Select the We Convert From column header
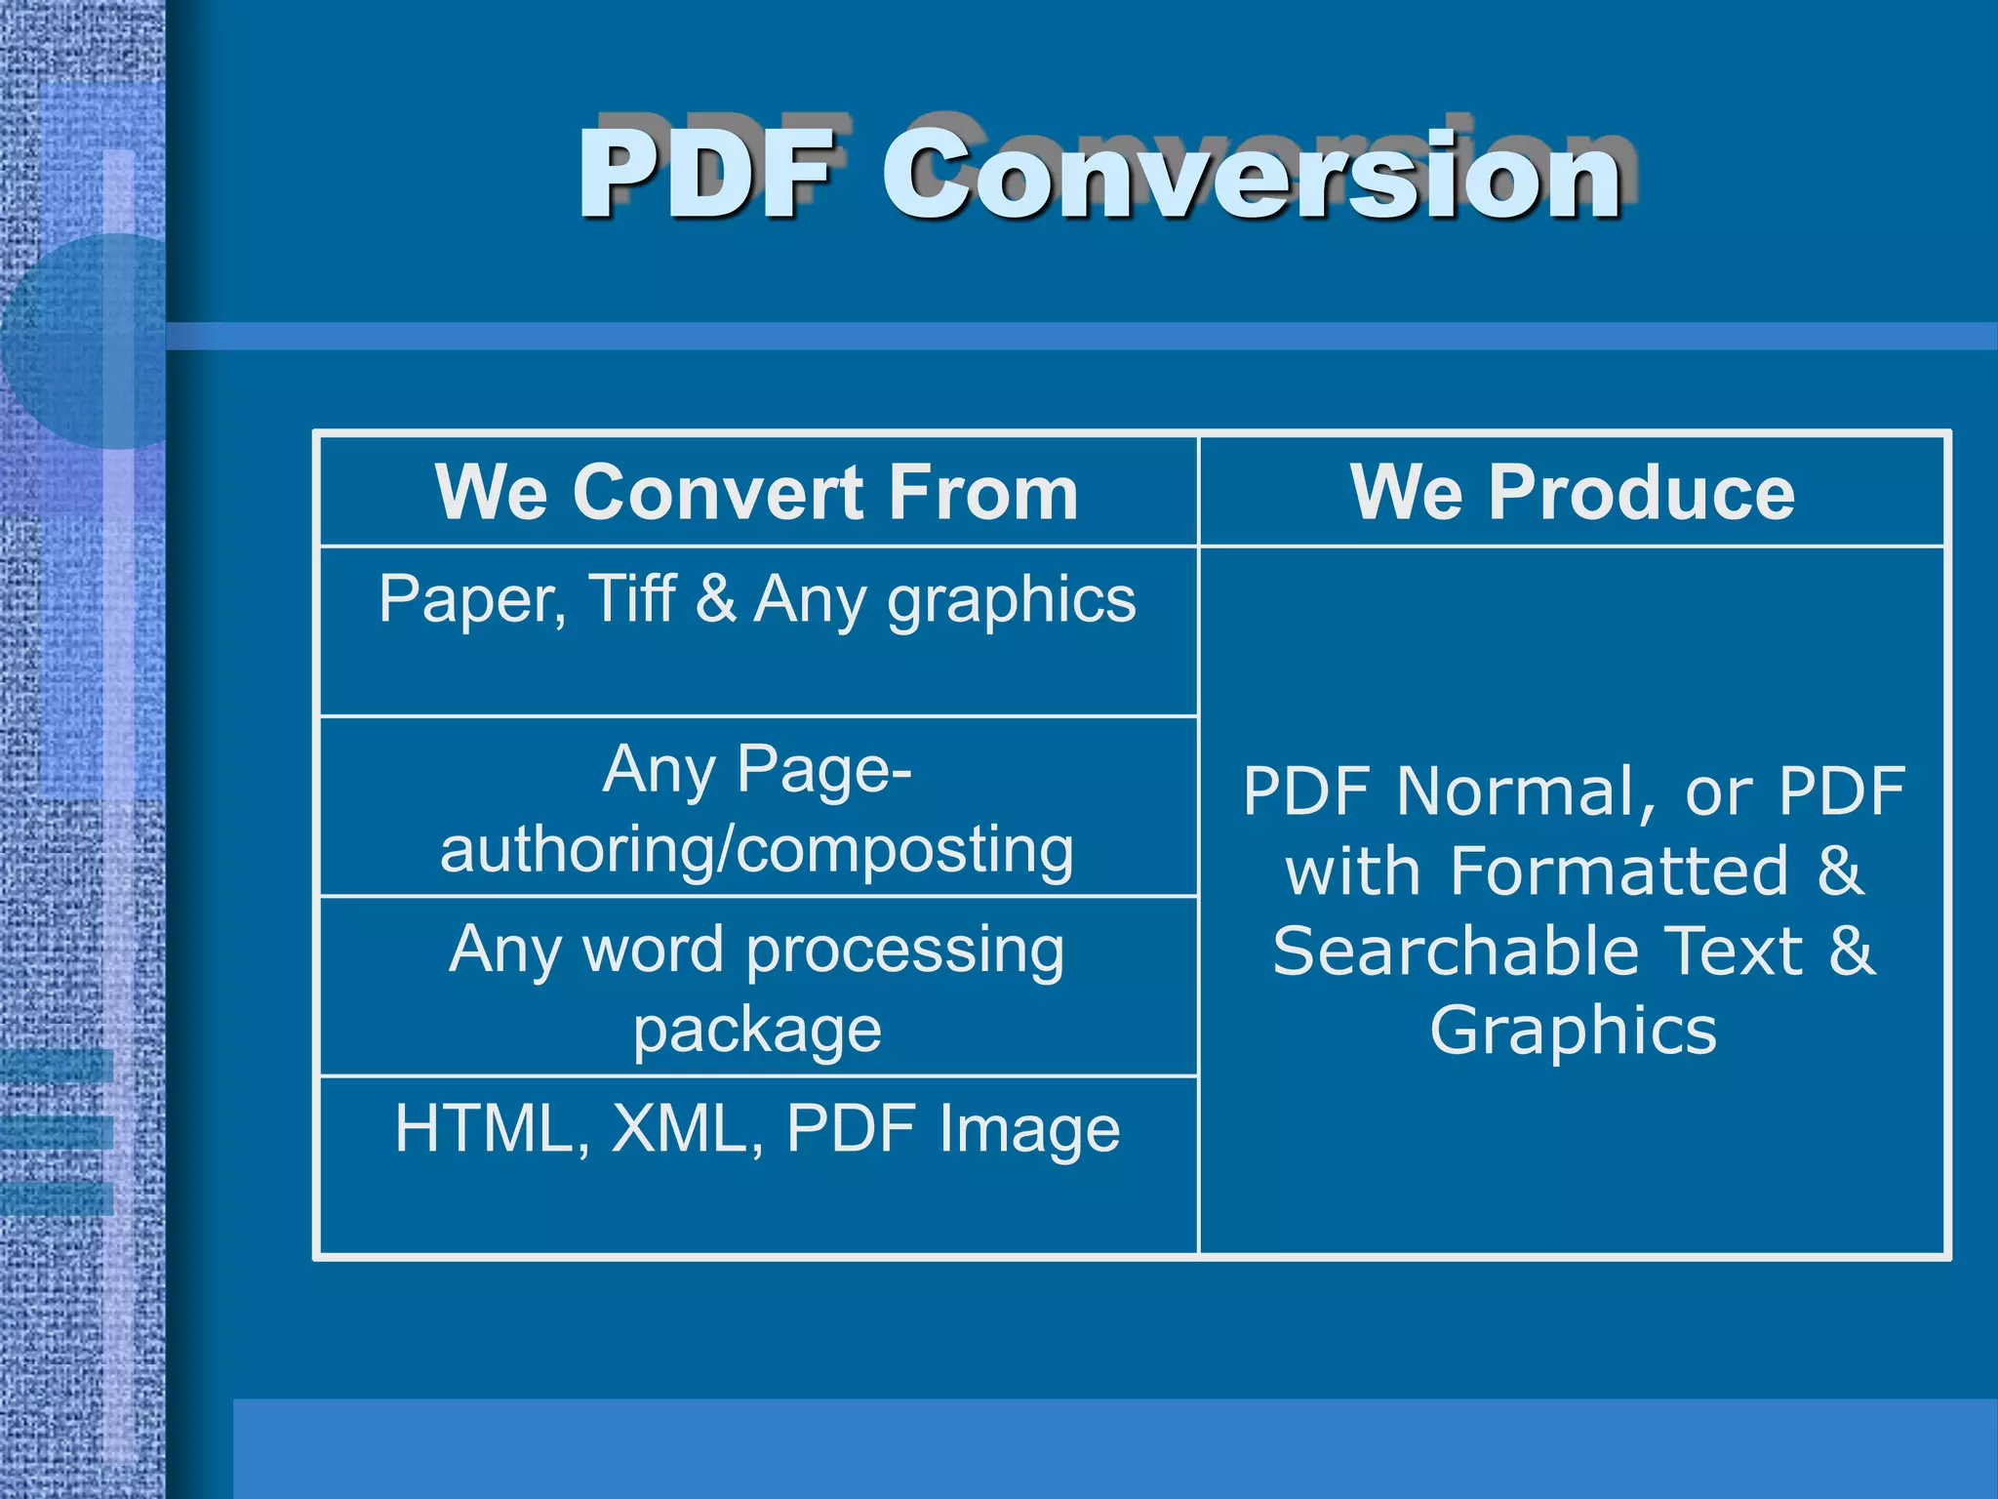pos(757,492)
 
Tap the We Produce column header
pos(1573,492)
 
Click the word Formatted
pos(1619,871)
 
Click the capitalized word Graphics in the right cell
pos(1573,1033)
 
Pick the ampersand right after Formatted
pos(1840,871)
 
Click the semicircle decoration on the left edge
pos(88,342)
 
